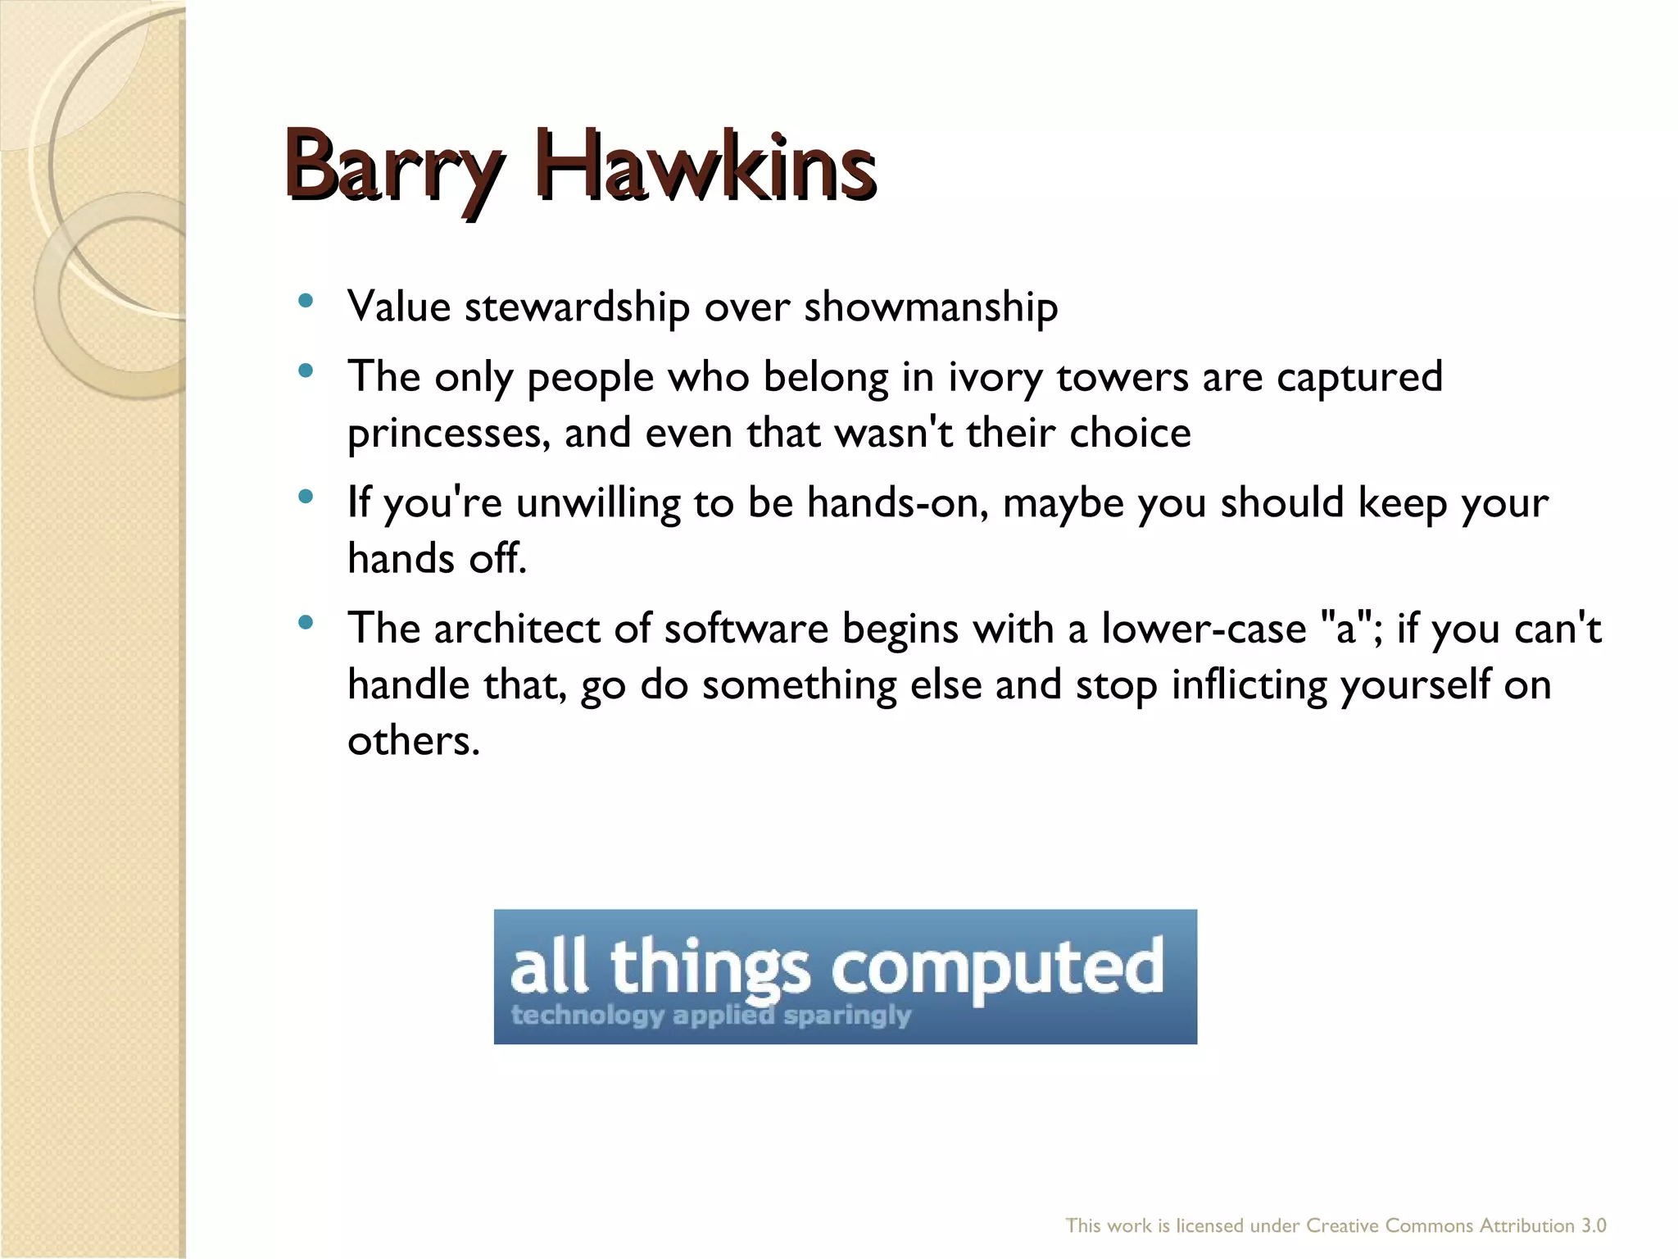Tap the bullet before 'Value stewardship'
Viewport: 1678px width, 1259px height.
(x=306, y=301)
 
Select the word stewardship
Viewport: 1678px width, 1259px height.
(x=577, y=308)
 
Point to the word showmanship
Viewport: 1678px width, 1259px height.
(x=931, y=308)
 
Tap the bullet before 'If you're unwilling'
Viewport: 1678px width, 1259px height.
(x=306, y=496)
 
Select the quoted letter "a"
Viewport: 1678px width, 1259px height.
(x=1345, y=629)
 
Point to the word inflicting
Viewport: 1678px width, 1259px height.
(x=1249, y=685)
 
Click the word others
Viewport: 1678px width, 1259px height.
(x=412, y=741)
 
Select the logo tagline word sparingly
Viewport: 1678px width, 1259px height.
(x=847, y=1016)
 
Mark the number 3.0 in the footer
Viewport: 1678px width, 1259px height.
(x=1594, y=1225)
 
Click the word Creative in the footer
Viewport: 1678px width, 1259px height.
(x=1342, y=1225)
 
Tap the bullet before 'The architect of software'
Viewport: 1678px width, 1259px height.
(x=306, y=623)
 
